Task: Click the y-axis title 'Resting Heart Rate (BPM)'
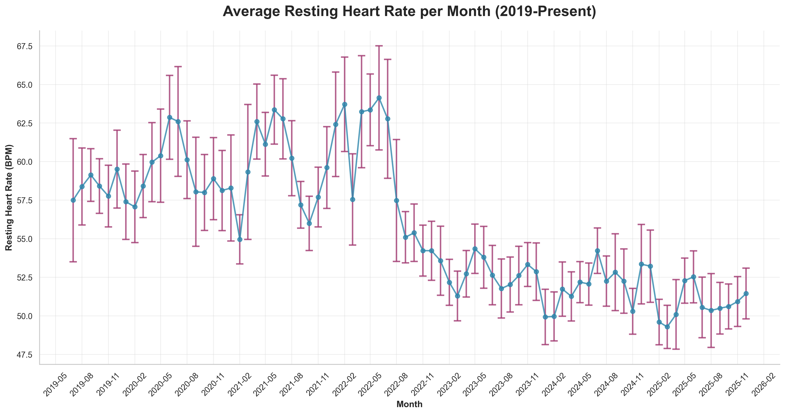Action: (9, 197)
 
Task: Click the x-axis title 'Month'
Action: (409, 404)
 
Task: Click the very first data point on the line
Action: (73, 200)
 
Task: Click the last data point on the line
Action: (746, 294)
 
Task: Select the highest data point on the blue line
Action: (379, 98)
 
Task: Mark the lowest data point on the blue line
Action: (667, 327)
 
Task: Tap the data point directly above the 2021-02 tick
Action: (240, 239)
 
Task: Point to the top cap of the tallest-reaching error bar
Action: (379, 46)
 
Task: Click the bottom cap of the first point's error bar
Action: (73, 262)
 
